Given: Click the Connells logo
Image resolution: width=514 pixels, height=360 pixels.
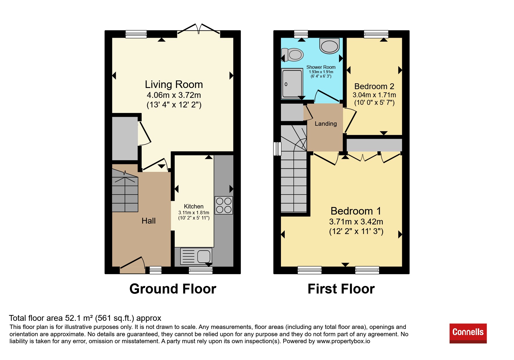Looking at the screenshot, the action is (468, 333).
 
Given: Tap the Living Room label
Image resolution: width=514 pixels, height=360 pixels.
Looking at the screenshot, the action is (174, 84).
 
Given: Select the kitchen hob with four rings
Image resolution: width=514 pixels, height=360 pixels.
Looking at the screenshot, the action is (224, 205).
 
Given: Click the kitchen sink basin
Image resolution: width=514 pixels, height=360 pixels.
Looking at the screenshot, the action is (204, 256).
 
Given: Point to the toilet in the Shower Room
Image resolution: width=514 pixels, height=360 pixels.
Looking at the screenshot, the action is (293, 55).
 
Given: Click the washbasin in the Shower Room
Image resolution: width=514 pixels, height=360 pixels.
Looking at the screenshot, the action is (329, 46).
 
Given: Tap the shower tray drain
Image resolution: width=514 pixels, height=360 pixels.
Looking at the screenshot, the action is (286, 84).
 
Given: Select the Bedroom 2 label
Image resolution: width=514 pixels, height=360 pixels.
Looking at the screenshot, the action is (374, 86).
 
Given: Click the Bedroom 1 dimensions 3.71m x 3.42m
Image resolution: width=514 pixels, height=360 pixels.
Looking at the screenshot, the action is (356, 222).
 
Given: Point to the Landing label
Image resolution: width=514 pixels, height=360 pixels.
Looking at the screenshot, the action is (326, 124).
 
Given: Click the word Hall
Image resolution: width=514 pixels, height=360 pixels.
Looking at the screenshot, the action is (149, 221).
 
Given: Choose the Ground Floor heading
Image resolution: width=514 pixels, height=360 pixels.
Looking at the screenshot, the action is (173, 289).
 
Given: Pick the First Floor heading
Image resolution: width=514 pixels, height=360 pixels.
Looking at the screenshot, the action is (341, 289).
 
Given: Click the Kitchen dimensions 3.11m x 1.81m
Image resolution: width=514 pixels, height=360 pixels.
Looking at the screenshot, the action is (194, 213).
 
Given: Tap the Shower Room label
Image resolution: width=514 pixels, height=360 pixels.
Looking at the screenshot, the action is (321, 67).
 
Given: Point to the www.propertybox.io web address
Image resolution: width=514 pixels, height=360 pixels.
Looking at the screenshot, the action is (343, 341).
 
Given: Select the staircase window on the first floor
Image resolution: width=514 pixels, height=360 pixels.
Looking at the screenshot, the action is (277, 149).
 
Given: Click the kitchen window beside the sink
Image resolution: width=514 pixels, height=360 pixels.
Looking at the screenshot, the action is (201, 271).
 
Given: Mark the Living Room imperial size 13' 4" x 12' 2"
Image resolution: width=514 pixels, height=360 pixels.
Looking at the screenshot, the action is (174, 105).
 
